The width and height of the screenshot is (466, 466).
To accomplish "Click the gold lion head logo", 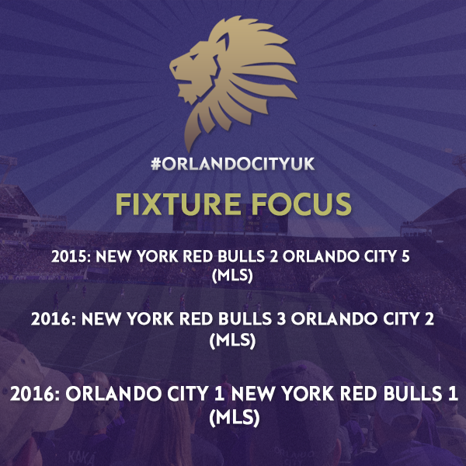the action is click(233, 80).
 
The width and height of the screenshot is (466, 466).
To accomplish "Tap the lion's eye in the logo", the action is click(193, 57).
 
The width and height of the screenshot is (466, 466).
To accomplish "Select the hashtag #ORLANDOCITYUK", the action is click(233, 164).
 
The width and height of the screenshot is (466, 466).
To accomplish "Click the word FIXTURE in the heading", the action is click(179, 204).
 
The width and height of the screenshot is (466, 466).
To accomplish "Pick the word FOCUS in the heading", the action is click(301, 204).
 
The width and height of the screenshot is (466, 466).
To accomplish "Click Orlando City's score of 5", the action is click(405, 256).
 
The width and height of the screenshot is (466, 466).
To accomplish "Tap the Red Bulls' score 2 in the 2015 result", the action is click(273, 256).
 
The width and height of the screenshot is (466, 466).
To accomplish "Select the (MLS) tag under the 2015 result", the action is click(232, 276).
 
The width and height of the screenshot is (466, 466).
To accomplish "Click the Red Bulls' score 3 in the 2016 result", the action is click(282, 319).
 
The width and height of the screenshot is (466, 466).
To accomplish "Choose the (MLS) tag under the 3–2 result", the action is click(232, 340).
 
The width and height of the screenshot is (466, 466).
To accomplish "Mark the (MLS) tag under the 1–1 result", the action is click(235, 418).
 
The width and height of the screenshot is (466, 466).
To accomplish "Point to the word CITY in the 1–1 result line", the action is click(187, 394).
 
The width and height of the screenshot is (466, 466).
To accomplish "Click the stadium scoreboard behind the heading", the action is click(231, 221).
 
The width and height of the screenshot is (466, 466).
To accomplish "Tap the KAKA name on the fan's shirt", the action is click(81, 457).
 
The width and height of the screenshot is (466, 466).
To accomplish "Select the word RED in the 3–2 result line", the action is click(196, 319).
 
